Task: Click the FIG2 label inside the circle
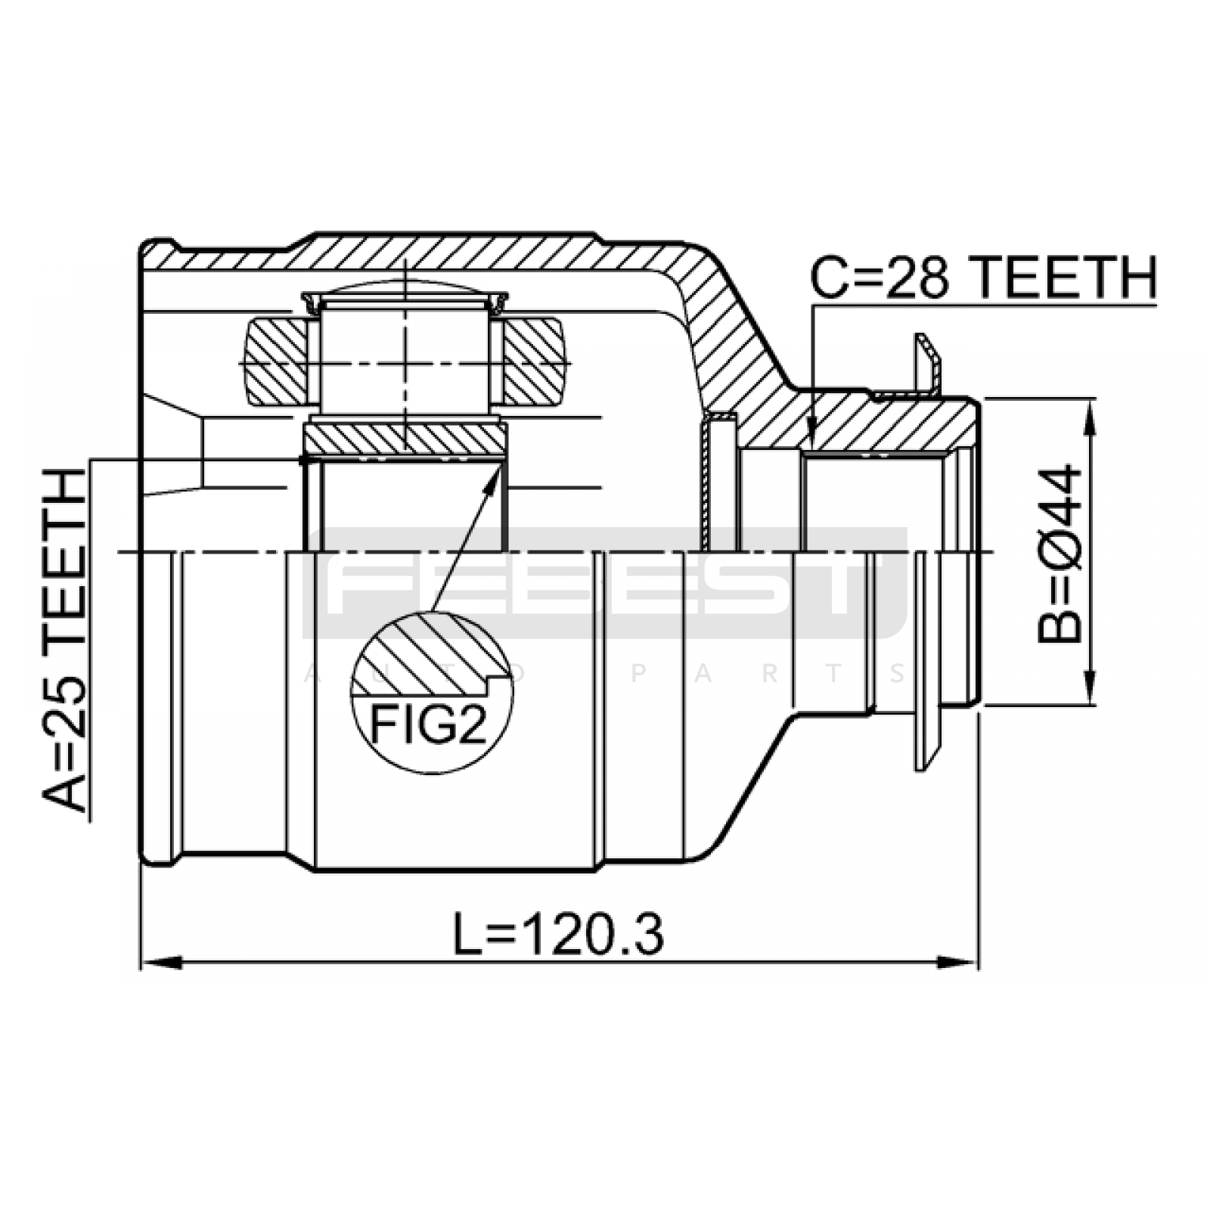(428, 724)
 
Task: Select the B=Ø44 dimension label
(1060, 554)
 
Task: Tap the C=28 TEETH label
(984, 278)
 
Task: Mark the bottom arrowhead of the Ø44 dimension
(1090, 685)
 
